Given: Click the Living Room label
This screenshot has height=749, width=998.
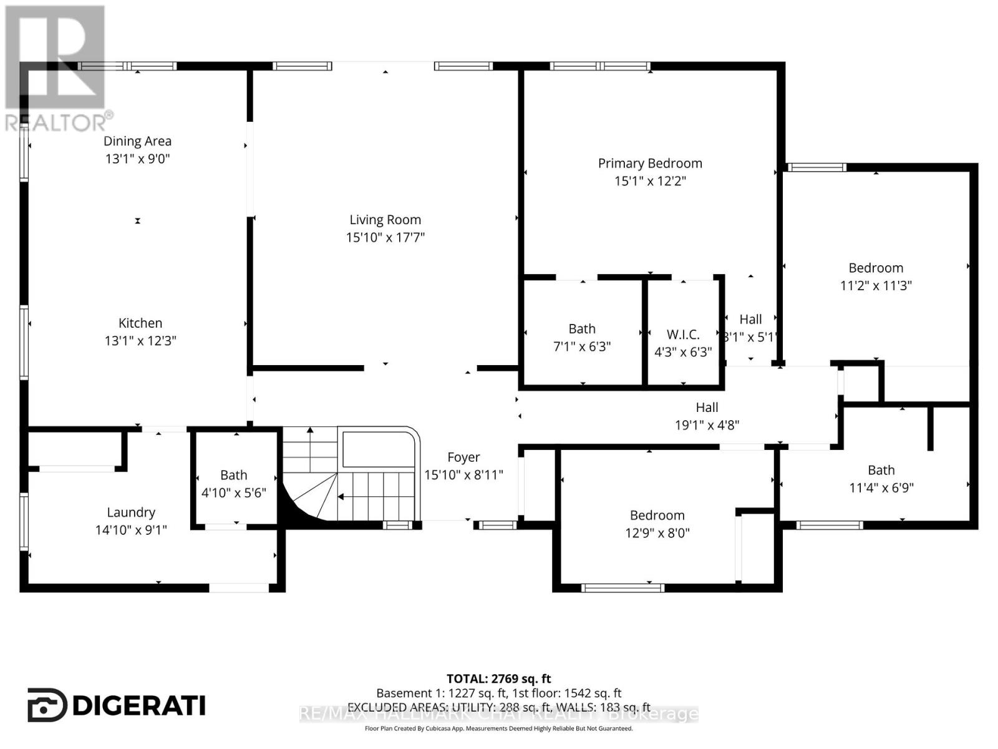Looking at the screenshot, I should coord(385,220).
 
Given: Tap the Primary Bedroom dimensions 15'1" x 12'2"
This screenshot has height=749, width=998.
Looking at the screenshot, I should coord(650,181).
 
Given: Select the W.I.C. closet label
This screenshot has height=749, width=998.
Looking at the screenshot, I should coord(683,335).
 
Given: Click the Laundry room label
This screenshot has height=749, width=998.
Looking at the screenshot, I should coord(131,512).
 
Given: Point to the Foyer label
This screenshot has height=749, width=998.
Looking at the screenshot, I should coord(463,458).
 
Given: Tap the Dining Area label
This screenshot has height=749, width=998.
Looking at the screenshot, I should coord(137,141).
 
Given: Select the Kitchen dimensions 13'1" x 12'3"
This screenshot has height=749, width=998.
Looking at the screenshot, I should coord(140,341).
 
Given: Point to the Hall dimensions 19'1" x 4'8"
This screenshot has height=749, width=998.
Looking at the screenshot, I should coord(707,426).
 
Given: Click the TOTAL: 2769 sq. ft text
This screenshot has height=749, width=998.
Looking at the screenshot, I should coord(498,678).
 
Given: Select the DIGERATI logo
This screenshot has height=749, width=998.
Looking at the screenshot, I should coord(117,705).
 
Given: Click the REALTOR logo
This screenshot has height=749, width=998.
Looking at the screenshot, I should coord(56,69).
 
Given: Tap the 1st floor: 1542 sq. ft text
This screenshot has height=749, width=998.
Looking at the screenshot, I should coord(567,693).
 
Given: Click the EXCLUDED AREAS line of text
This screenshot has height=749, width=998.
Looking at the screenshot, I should coord(498,707).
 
